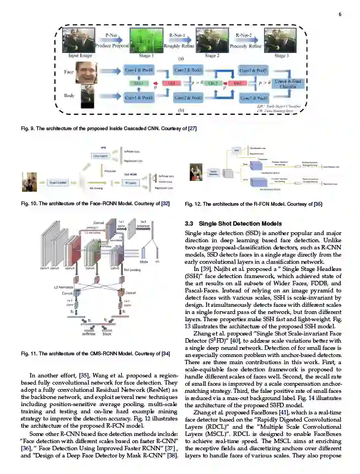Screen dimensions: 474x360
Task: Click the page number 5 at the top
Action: click(x=339, y=15)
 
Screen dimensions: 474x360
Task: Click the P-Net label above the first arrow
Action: click(x=112, y=35)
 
